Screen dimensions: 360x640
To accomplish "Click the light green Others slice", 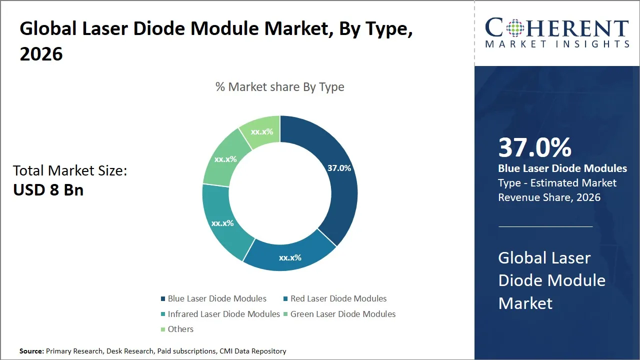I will [261, 131].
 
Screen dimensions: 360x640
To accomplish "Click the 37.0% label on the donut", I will [339, 168].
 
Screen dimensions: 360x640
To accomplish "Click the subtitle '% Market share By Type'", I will [279, 87].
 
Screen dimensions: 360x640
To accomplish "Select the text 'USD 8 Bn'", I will [48, 190].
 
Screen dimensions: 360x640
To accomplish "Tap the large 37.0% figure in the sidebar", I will [534, 148].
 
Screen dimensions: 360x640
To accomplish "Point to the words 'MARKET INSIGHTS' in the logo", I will [557, 44].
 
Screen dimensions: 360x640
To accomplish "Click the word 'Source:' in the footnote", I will [31, 351].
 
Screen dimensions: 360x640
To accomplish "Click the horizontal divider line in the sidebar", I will [545, 226].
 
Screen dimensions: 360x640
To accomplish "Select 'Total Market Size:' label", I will [70, 171].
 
